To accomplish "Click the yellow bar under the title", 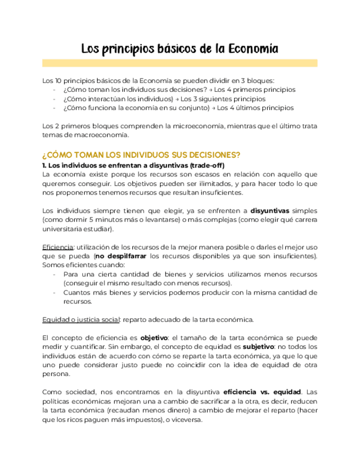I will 180,63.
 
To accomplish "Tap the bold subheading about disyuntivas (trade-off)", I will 134,165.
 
